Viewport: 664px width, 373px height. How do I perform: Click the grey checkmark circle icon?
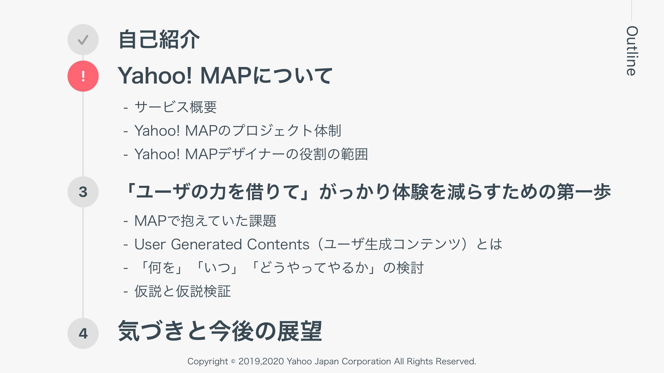click(x=83, y=40)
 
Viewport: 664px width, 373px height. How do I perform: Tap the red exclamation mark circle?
click(x=83, y=76)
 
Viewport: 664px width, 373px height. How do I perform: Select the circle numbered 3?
click(x=83, y=192)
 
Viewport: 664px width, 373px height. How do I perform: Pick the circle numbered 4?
click(x=83, y=333)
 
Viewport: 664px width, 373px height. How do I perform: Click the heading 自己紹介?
click(x=159, y=40)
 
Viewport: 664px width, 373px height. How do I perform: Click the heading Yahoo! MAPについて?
click(x=225, y=76)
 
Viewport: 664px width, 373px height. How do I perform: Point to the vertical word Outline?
click(x=632, y=51)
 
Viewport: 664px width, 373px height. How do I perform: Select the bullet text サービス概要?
click(x=176, y=107)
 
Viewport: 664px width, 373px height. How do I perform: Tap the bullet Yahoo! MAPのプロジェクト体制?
click(x=238, y=131)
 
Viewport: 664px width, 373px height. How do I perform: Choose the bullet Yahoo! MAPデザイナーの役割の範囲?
click(x=251, y=154)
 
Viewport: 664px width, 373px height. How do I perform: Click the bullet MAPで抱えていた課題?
click(x=205, y=221)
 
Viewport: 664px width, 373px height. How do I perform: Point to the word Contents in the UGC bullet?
click(x=278, y=244)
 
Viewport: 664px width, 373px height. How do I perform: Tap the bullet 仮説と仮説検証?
click(x=183, y=291)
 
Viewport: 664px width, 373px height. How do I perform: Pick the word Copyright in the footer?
click(x=207, y=362)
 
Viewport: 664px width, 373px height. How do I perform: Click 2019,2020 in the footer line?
click(x=261, y=362)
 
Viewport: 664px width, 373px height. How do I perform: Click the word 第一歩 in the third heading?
click(x=584, y=192)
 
